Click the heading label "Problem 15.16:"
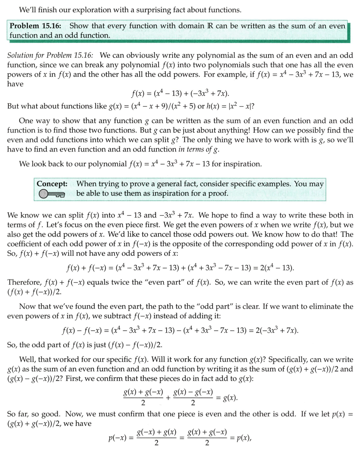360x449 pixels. coord(36,26)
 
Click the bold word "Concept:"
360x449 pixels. coord(52,184)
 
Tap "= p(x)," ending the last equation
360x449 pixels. coord(240,438)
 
